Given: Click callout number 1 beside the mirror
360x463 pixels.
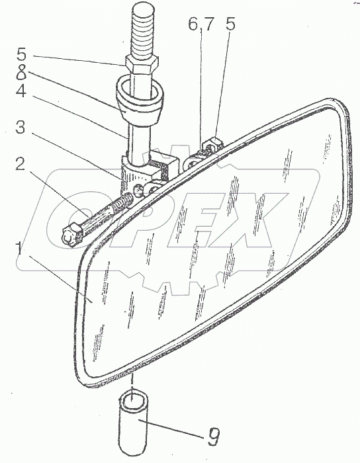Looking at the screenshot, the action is click(x=20, y=248).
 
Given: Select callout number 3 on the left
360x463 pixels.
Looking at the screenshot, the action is click(x=20, y=128).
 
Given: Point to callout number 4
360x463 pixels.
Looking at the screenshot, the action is click(x=21, y=91).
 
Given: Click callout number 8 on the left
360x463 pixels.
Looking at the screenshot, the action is click(x=21, y=72).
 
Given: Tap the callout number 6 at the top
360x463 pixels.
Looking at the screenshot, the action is click(x=193, y=24).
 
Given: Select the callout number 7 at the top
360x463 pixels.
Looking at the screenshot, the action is click(x=208, y=24).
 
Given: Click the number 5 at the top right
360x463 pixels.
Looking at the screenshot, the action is click(x=230, y=24).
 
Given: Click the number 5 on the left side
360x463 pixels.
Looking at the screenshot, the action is click(x=21, y=55).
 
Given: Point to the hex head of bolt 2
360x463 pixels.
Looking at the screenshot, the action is click(x=71, y=234).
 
